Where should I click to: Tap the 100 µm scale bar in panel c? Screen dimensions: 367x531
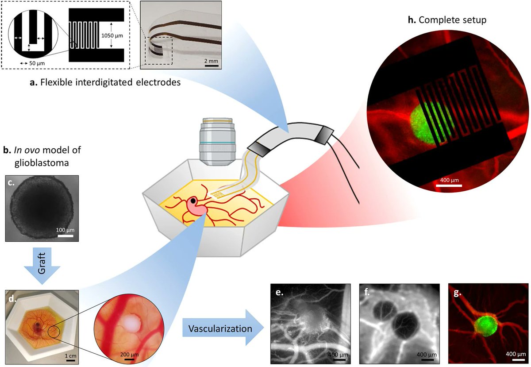coord(65,234)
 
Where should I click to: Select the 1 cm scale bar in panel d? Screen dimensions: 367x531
coord(70,359)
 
